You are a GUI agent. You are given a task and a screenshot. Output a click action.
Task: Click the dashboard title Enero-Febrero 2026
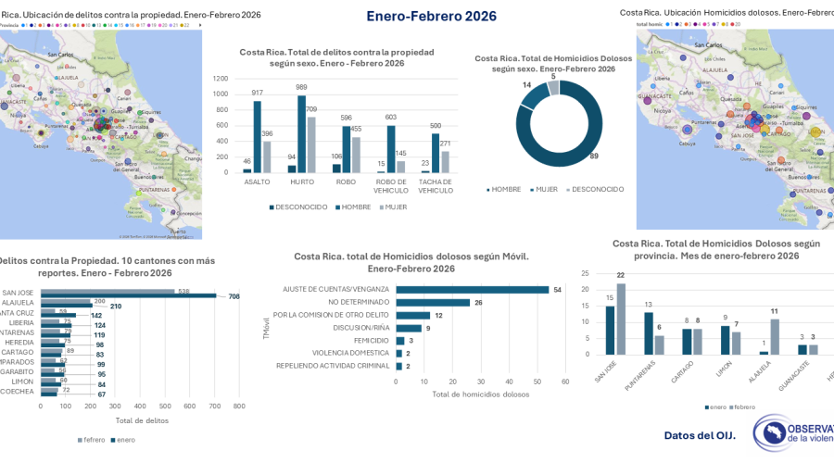click(431, 16)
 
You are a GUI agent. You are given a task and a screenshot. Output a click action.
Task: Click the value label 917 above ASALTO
click(257, 93)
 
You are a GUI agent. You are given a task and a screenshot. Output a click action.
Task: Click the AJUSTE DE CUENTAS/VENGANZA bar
click(472, 289)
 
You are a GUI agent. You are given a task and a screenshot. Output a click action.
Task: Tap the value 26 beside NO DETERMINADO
click(478, 302)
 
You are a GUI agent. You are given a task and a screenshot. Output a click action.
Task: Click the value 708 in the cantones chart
click(233, 296)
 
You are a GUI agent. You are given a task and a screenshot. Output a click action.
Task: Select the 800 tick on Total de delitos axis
click(239, 406)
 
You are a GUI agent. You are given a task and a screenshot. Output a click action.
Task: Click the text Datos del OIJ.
click(700, 434)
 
